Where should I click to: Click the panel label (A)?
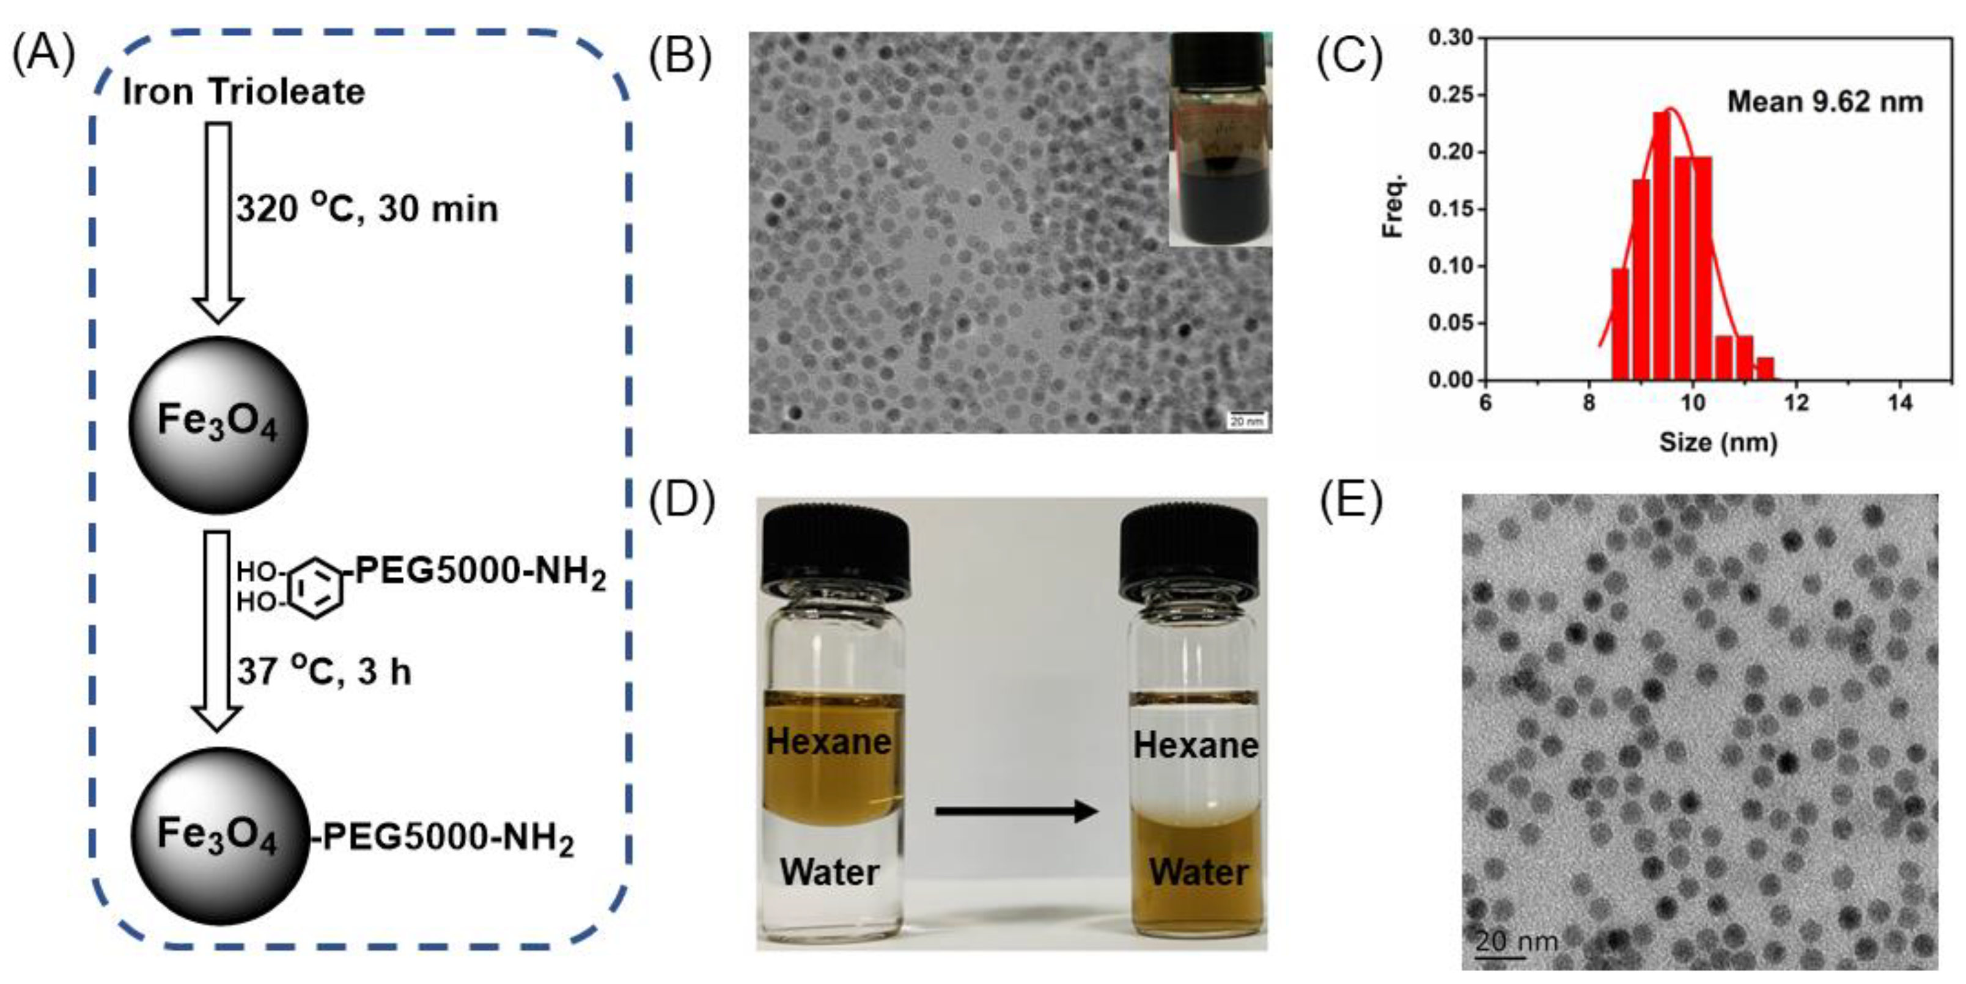(x=43, y=55)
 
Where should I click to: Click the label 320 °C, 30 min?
(x=366, y=209)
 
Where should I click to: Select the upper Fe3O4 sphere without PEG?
(x=218, y=424)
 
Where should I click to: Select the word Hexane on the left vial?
(x=829, y=741)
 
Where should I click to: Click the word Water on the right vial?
(x=1199, y=872)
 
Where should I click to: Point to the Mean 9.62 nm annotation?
(x=1825, y=102)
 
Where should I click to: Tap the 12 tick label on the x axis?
(x=1797, y=403)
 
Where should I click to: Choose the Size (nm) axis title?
(x=1718, y=442)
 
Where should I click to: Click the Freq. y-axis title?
(x=1394, y=206)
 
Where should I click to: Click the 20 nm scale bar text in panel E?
(x=1515, y=941)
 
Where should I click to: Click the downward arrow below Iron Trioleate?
(x=218, y=221)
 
